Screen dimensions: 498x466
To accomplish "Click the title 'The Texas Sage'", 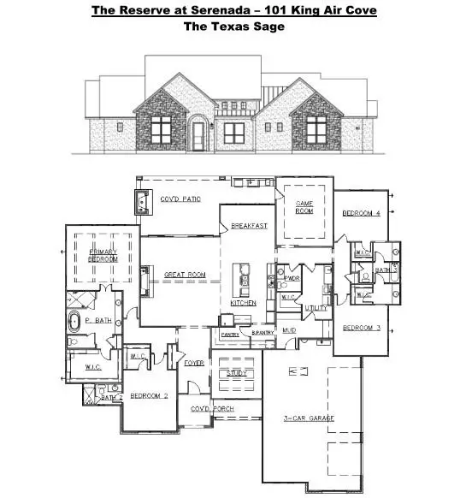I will [x=232, y=26].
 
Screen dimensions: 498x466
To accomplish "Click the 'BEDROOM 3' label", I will [x=361, y=328].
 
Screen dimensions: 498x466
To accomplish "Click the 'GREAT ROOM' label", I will [x=185, y=275].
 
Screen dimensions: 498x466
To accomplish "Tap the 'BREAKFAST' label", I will [x=249, y=226].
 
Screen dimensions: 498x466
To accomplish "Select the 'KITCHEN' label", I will [x=244, y=303].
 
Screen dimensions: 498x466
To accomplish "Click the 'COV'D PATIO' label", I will [x=180, y=199].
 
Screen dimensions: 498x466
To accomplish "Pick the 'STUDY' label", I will [x=237, y=374].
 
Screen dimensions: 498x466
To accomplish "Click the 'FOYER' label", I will [x=194, y=363].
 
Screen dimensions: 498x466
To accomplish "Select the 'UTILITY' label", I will [x=316, y=306].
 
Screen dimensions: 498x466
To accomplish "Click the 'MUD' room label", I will [x=290, y=329].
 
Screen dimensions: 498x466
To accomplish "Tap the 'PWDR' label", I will [x=292, y=278].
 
